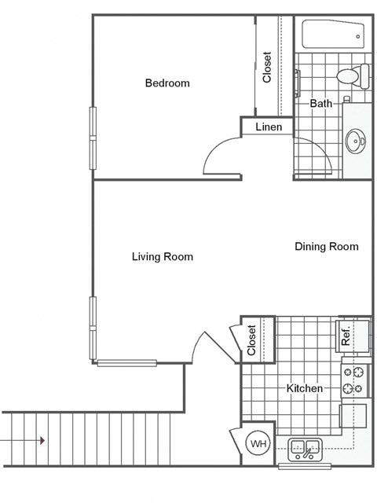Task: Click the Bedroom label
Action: coord(167,83)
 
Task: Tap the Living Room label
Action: coord(163,256)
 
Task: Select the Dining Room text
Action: coord(326,247)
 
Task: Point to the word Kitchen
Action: coord(304,388)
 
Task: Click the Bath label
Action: coord(320,103)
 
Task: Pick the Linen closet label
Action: coord(269,127)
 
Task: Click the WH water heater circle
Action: coord(258,444)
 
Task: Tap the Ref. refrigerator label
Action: coord(346,336)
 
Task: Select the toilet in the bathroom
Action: coord(353,77)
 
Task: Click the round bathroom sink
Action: coord(355,142)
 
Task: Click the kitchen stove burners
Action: coord(354,380)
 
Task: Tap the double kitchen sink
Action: coord(304,450)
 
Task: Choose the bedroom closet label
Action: coord(267,67)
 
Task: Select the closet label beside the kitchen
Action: coord(252,340)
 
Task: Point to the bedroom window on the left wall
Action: coord(93,137)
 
